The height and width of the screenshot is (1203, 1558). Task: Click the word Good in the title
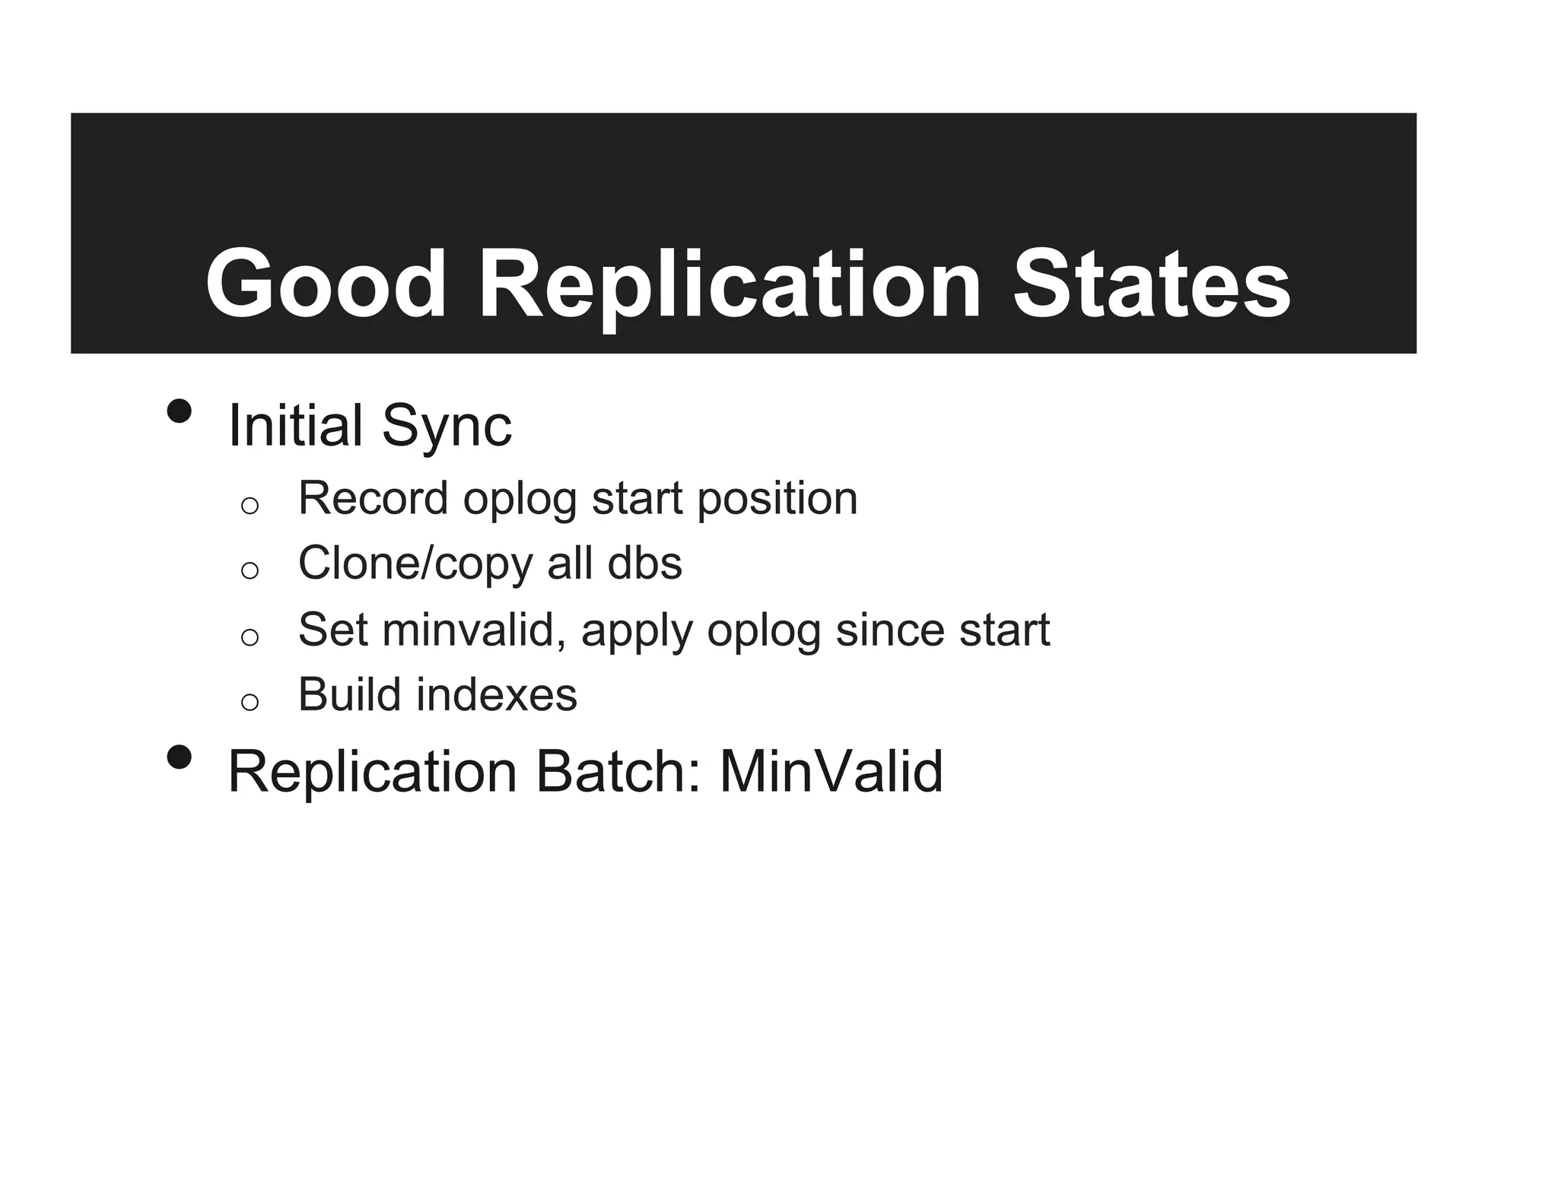click(326, 285)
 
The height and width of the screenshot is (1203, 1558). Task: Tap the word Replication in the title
click(730, 285)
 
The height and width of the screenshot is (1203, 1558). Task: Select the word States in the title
click(1151, 285)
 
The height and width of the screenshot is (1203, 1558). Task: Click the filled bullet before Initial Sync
click(180, 411)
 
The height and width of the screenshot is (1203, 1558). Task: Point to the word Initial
click(295, 426)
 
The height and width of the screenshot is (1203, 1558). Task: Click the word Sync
click(447, 427)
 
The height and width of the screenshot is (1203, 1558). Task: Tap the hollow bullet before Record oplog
click(250, 506)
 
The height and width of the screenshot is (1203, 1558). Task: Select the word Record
click(373, 499)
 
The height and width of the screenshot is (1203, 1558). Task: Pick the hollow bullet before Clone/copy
click(250, 570)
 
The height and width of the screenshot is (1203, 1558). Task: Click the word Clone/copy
click(416, 564)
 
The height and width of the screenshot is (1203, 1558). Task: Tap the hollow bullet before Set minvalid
click(250, 636)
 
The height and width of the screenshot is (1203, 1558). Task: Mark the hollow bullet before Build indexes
click(250, 702)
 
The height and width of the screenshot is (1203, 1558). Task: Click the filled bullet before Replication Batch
click(180, 757)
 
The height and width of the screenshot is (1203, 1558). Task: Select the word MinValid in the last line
click(831, 772)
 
